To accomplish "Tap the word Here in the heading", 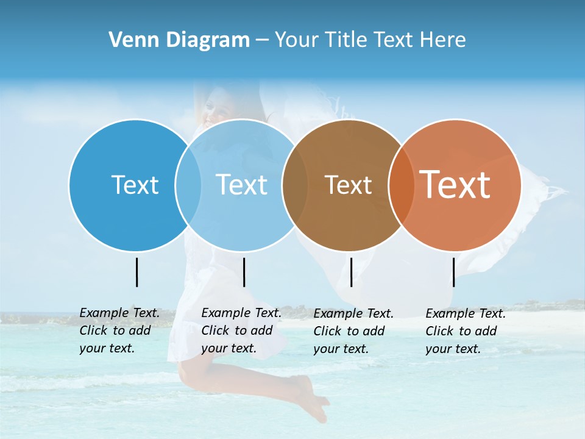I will pyautogui.click(x=443, y=40).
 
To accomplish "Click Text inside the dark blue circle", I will pyautogui.click(x=135, y=185).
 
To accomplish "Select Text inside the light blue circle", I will pyautogui.click(x=242, y=185).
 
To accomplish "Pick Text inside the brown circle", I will pyautogui.click(x=348, y=185).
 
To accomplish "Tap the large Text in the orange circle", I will pyautogui.click(x=455, y=185).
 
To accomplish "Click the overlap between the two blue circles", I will pyautogui.click(x=188, y=185).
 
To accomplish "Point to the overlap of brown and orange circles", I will pyautogui.click(x=401, y=185).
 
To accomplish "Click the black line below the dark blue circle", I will pyautogui.click(x=137, y=272).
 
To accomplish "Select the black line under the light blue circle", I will pyautogui.click(x=244, y=272).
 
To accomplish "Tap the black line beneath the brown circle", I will pyautogui.click(x=351, y=272).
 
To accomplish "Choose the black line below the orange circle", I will pyautogui.click(x=453, y=272).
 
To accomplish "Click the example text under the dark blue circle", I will pyautogui.click(x=119, y=330).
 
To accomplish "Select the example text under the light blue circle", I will pyautogui.click(x=241, y=330).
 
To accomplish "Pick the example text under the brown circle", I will pyautogui.click(x=353, y=331).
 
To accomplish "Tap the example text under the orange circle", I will pyautogui.click(x=466, y=331).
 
